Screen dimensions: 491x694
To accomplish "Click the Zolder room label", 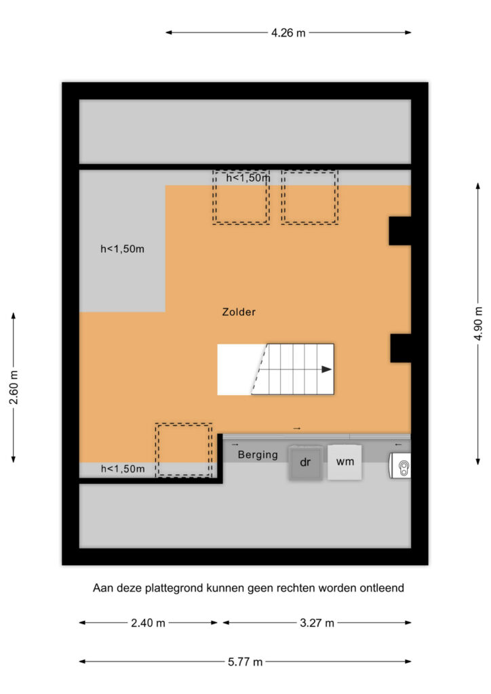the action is click(239, 312).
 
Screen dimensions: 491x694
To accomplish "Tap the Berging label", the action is click(258, 455).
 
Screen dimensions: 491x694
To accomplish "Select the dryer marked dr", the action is click(305, 462).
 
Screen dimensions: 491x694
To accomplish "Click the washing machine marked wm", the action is click(345, 462).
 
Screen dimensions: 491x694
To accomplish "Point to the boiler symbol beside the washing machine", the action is click(400, 466).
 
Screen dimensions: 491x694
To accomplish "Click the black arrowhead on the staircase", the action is click(326, 369).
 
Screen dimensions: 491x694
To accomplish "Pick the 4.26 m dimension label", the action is click(288, 33).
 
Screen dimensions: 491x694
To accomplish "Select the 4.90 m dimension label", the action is click(478, 323).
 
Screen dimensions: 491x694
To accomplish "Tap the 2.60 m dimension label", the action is click(14, 388).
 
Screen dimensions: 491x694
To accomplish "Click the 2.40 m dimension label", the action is click(148, 624).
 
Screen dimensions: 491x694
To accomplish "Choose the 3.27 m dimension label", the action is click(317, 624).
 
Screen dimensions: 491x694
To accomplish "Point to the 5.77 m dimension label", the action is click(245, 662).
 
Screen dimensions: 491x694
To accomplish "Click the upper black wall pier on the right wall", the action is click(400, 231).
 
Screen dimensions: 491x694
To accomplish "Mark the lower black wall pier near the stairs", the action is click(401, 348).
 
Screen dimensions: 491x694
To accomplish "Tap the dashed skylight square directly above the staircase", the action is click(310, 197).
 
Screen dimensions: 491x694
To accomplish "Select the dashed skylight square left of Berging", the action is click(184, 450).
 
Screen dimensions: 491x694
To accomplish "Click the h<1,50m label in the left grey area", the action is click(122, 249).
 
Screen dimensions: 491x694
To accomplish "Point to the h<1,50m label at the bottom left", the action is click(123, 469).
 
